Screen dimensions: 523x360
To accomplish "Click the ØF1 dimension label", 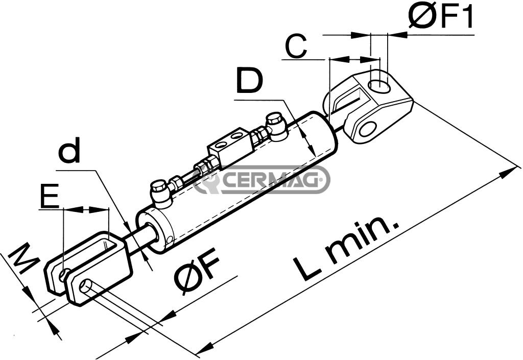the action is [441, 17].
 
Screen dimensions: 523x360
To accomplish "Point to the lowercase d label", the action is [69, 150].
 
